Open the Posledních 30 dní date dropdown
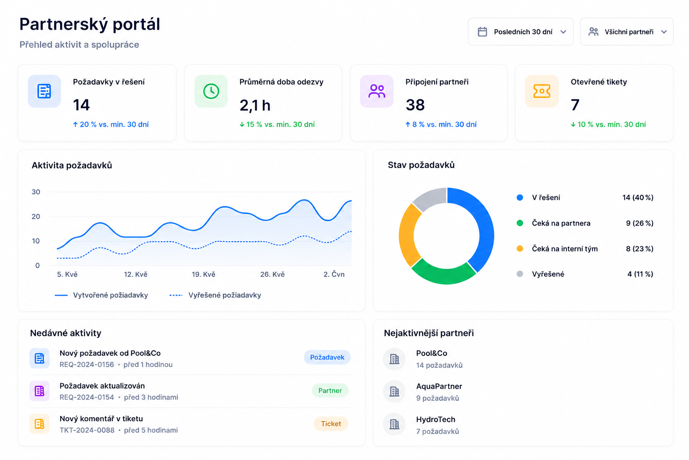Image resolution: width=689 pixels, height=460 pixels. click(520, 32)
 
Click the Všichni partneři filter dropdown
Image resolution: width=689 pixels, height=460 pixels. click(627, 32)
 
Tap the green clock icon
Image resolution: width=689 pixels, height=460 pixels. click(211, 91)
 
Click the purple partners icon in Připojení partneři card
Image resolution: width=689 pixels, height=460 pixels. click(377, 91)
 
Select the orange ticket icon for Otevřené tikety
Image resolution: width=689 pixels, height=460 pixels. click(542, 91)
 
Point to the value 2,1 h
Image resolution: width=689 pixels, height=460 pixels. click(255, 106)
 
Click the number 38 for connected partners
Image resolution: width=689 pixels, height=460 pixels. click(415, 105)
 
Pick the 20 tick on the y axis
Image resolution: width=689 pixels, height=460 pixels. click(36, 216)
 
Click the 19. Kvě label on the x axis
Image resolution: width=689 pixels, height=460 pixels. click(204, 274)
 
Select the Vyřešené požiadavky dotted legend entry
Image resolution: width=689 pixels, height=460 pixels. click(215, 295)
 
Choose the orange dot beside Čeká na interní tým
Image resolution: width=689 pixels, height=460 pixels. click(520, 248)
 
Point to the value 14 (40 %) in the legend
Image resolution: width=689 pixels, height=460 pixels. click(638, 198)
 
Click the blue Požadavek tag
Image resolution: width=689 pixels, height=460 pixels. click(327, 358)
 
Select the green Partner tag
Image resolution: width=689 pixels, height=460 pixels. click(330, 391)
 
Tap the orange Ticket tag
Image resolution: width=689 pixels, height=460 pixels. click(331, 424)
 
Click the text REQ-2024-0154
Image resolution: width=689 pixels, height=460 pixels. click(87, 398)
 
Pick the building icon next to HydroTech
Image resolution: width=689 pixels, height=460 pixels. click(394, 424)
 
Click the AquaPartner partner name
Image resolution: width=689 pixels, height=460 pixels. click(439, 386)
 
